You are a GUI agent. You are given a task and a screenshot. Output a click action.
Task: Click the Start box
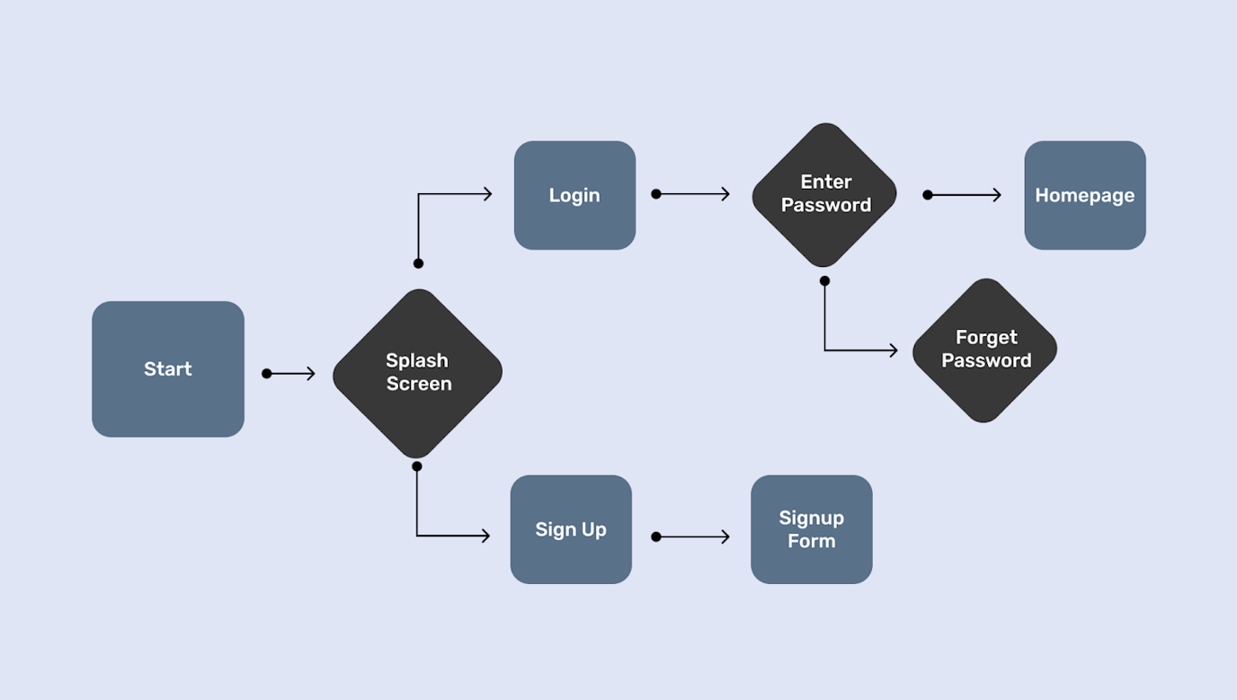click(168, 369)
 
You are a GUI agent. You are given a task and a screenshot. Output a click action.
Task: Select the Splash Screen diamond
click(418, 373)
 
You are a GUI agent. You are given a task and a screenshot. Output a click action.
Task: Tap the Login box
click(574, 195)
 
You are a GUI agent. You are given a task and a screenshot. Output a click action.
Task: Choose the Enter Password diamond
click(824, 194)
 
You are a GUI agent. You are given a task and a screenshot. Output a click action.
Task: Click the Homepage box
click(1085, 195)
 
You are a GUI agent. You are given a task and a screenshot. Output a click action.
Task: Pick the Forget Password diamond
click(984, 350)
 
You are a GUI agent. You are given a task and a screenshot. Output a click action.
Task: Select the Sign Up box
click(571, 529)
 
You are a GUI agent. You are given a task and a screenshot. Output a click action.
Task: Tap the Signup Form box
click(811, 529)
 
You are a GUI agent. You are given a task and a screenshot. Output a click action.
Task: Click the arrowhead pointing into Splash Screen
click(311, 373)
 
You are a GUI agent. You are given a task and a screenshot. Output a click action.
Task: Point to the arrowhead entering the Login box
click(488, 194)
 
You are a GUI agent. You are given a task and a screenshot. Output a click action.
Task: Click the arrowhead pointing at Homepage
click(997, 195)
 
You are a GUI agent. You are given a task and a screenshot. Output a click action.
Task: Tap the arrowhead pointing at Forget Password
click(894, 350)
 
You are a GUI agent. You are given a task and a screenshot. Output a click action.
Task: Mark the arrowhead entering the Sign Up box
click(485, 536)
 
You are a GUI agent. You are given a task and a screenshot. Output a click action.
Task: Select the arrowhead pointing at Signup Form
click(725, 537)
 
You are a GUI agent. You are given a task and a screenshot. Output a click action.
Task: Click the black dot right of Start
click(267, 373)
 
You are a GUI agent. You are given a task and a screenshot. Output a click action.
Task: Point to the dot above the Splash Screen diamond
click(418, 263)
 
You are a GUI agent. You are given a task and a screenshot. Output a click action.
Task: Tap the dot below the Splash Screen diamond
click(416, 466)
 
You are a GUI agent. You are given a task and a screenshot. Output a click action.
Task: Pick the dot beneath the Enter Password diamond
click(824, 281)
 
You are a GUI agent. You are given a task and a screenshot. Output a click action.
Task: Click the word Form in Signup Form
click(811, 541)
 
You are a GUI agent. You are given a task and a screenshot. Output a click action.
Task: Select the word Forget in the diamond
click(986, 337)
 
